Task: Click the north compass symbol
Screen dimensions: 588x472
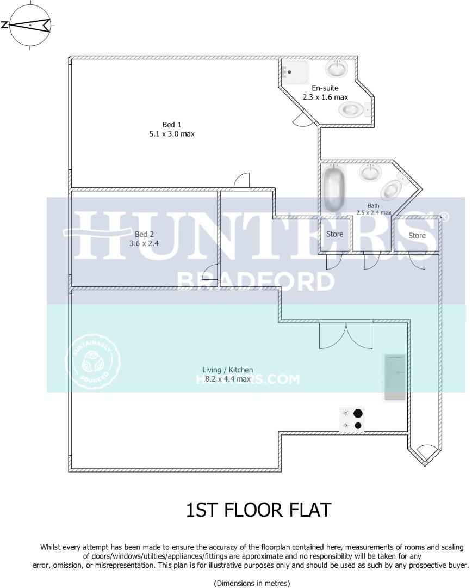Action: click(30, 25)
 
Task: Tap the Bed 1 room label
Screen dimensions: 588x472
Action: click(172, 129)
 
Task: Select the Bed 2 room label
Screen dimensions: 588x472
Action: click(144, 239)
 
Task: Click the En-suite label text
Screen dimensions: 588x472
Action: click(325, 93)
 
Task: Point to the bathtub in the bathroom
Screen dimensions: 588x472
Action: click(334, 189)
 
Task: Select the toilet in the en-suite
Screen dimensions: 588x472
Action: click(352, 109)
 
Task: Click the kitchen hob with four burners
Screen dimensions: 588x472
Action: click(352, 420)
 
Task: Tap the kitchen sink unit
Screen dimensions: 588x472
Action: click(395, 377)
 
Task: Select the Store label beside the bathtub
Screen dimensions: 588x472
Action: click(335, 234)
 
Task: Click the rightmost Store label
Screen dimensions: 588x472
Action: click(417, 235)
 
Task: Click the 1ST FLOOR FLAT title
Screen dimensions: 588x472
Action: click(258, 510)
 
